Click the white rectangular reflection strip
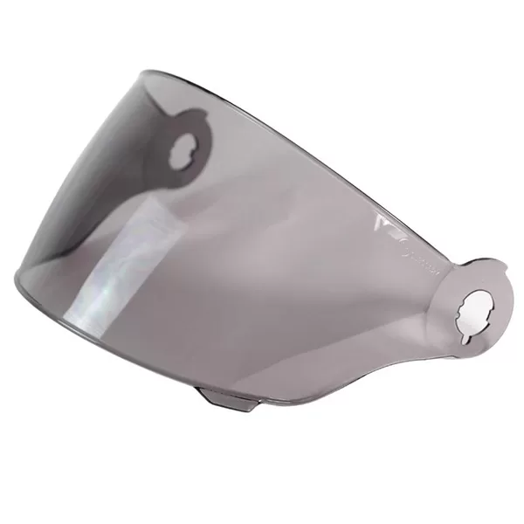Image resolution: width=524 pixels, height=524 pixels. point(131,262)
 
